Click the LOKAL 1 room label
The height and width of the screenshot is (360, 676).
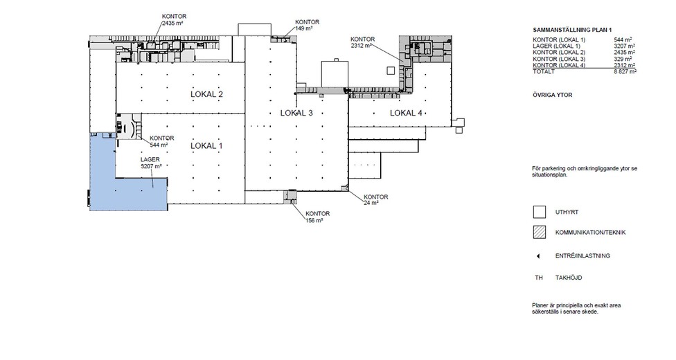[x=206, y=145]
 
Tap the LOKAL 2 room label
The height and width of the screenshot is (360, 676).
[x=206, y=94]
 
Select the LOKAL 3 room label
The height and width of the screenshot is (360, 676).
[x=296, y=113]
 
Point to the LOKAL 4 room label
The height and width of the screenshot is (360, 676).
[x=406, y=113]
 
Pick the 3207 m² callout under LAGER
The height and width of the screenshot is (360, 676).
[x=151, y=166]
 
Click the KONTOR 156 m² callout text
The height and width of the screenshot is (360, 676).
[x=317, y=217]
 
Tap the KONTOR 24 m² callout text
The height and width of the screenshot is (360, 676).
[x=375, y=199]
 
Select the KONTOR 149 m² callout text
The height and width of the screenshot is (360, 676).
[x=307, y=25]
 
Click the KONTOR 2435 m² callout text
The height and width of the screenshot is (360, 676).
[x=174, y=20]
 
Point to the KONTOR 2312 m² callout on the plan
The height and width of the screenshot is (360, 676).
[x=362, y=42]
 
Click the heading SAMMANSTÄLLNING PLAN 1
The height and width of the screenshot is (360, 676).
[x=572, y=30]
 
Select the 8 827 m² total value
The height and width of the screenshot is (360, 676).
[x=625, y=71]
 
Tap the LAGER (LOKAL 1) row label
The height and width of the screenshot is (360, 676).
[x=557, y=46]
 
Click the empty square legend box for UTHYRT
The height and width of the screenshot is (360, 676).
[x=540, y=212]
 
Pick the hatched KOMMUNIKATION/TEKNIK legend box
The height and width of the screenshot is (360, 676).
[x=540, y=233]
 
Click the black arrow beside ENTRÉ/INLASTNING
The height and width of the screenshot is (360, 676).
[x=538, y=256]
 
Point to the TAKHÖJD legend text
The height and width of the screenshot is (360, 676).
[x=569, y=278]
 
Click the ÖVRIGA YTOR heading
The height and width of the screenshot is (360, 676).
[x=553, y=95]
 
